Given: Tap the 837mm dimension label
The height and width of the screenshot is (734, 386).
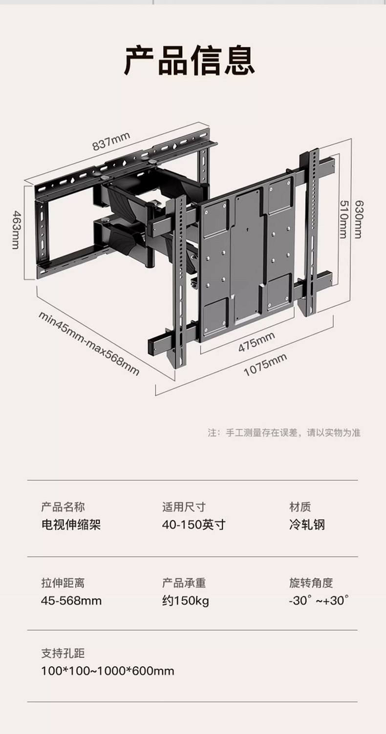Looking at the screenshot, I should pyautogui.click(x=111, y=142).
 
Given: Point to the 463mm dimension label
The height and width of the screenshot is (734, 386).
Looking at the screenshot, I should pyautogui.click(x=16, y=230).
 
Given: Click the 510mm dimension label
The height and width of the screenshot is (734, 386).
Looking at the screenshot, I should pyautogui.click(x=343, y=219).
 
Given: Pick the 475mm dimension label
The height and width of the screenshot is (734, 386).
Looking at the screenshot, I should pyautogui.click(x=257, y=341).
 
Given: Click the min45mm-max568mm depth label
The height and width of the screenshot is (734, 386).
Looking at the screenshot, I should pyautogui.click(x=89, y=343).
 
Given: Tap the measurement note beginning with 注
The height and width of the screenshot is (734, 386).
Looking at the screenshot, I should pyautogui.click(x=284, y=433).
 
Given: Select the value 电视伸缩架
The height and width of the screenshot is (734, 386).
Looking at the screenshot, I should pyautogui.click(x=71, y=525).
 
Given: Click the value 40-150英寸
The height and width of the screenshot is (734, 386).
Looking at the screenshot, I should pyautogui.click(x=193, y=525).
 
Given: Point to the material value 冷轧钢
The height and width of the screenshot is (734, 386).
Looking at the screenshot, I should pyautogui.click(x=307, y=525).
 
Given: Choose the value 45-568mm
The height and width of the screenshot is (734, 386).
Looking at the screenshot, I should pyautogui.click(x=71, y=600).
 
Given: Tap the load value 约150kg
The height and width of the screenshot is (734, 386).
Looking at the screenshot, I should pyautogui.click(x=186, y=600).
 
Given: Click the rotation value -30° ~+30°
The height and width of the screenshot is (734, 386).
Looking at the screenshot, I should pyautogui.click(x=319, y=600).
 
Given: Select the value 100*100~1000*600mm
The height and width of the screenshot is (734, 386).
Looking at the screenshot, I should pyautogui.click(x=107, y=671).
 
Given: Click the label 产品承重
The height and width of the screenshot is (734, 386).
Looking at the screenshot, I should pyautogui.click(x=184, y=583).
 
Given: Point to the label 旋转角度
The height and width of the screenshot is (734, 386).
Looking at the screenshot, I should pyautogui.click(x=311, y=583).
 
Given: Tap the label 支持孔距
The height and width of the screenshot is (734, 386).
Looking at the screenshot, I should pyautogui.click(x=63, y=653).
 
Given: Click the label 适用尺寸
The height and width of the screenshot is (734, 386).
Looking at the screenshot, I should pyautogui.click(x=184, y=507).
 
